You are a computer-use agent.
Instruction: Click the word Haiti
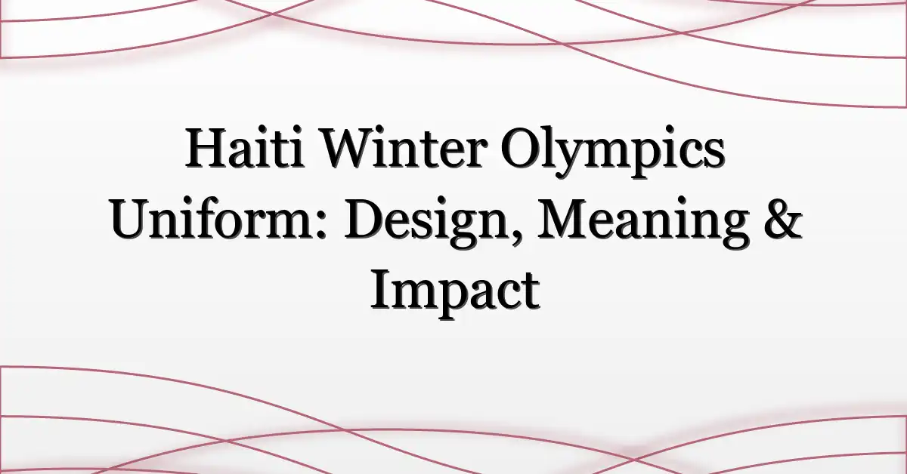point(245,147)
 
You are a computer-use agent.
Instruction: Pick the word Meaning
point(642,224)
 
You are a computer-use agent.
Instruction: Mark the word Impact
point(455,294)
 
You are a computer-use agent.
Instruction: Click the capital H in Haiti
point(206,148)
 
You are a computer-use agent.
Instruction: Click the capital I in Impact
point(380,291)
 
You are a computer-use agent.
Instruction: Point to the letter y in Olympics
point(568,161)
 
